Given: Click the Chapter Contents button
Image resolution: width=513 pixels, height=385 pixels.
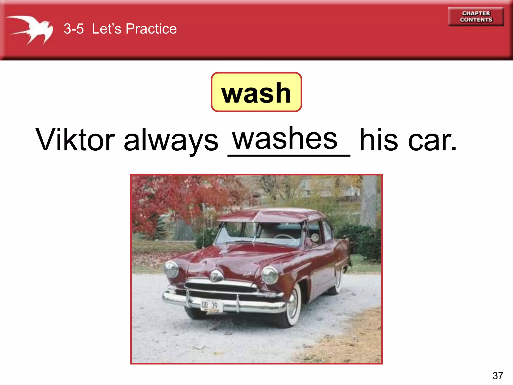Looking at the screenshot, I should (x=476, y=17).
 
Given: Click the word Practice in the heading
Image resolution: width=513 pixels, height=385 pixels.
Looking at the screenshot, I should (x=151, y=29).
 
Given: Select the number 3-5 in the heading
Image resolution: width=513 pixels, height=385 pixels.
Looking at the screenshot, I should (x=73, y=29).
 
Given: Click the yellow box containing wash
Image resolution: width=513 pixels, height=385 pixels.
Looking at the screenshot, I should (x=256, y=92).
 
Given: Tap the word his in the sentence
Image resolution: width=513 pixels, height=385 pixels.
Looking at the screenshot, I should (x=378, y=140).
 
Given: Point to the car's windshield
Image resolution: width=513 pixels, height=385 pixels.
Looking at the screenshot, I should (x=258, y=234).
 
